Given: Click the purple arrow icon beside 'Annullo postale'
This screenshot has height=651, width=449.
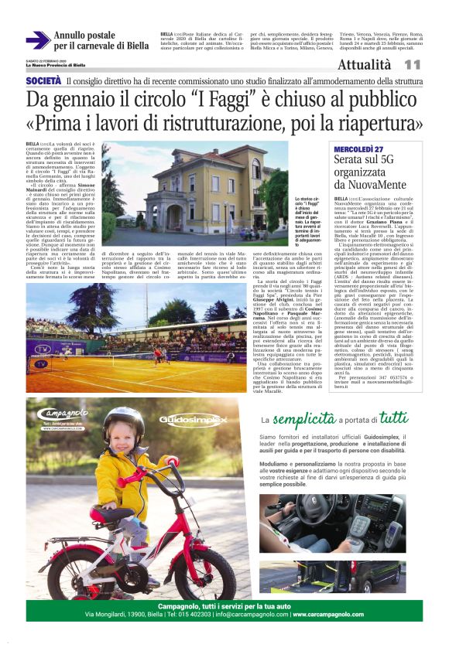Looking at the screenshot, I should pos(37,39).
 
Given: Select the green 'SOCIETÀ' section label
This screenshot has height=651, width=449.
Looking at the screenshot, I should pos(44,81).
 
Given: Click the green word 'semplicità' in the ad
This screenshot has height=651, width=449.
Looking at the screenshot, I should pos(307,420).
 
